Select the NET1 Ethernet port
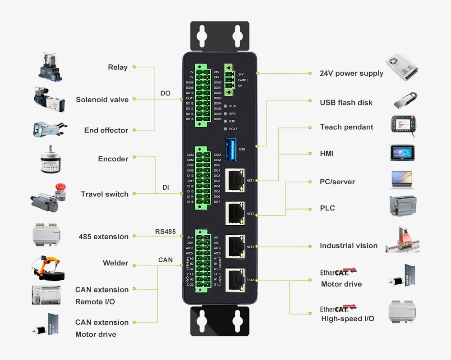pyautogui.click(x=235, y=178)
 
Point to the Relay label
pyautogui.click(x=118, y=68)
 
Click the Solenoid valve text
pyautogui.click(x=102, y=100)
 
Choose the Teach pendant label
pyautogui.click(x=346, y=127)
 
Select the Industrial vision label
pyautogui.click(x=349, y=246)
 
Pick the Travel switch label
pyautogui.click(x=105, y=194)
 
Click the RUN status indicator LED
pyautogui.click(x=225, y=106)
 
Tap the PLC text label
pyautogui.click(x=327, y=208)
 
